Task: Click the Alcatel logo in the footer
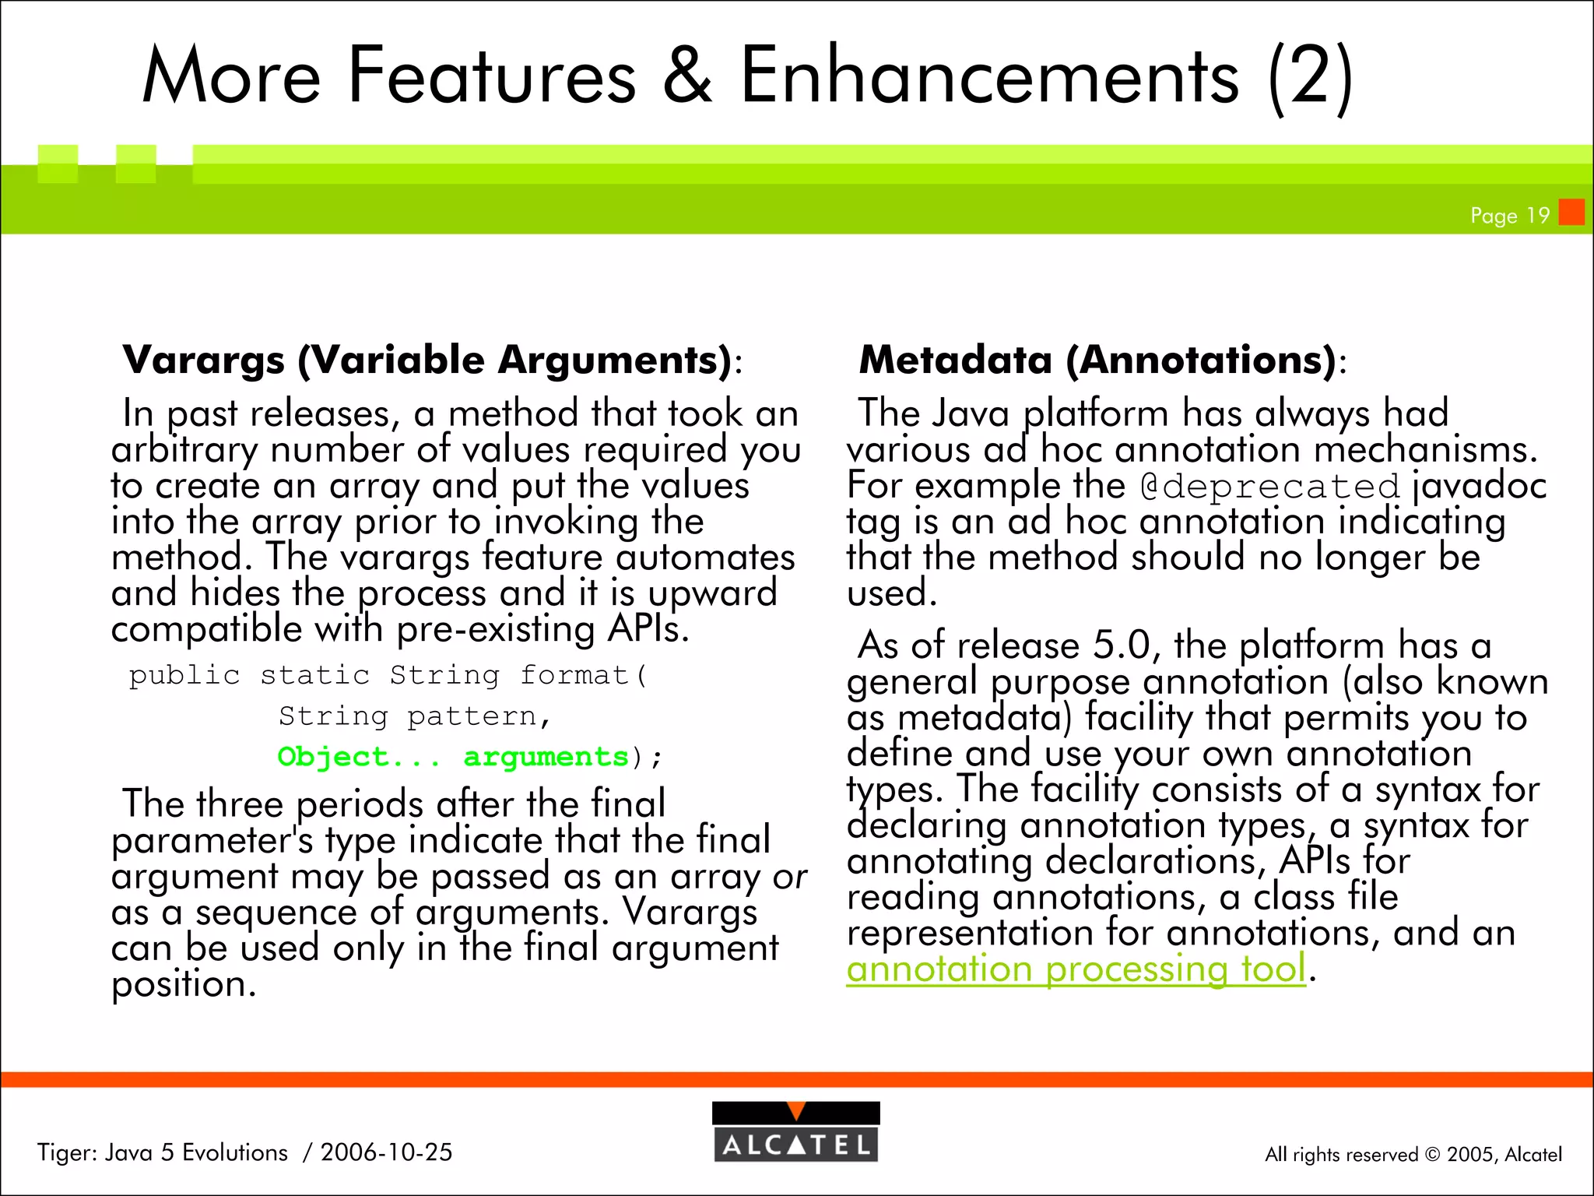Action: point(795,1131)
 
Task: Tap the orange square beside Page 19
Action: point(1571,212)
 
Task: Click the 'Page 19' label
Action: point(1509,216)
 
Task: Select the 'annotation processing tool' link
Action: point(1076,969)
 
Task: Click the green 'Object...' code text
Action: point(359,757)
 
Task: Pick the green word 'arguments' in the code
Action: point(546,757)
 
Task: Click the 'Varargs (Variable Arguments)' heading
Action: point(427,361)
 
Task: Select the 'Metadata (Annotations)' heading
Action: point(1097,361)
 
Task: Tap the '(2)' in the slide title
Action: point(1311,76)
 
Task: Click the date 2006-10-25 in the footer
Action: point(386,1152)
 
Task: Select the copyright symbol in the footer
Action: point(1432,1155)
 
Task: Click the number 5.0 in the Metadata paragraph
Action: point(1121,645)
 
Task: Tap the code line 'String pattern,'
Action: point(415,716)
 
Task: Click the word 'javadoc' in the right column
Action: point(1480,486)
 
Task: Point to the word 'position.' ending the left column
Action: point(184,984)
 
